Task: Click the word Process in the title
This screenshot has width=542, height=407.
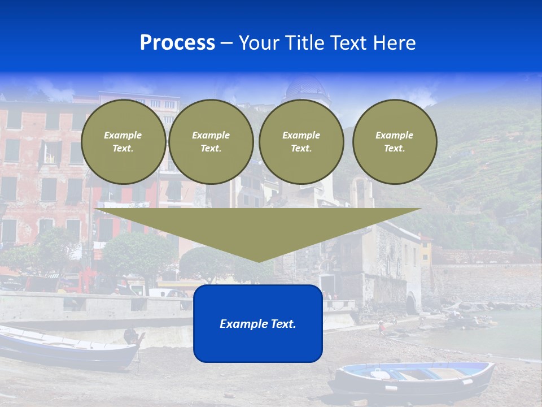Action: (x=177, y=43)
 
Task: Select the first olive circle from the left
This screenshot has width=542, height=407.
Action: (x=124, y=142)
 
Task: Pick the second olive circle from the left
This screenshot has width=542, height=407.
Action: (x=211, y=142)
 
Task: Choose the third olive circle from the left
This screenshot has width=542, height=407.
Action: (x=301, y=142)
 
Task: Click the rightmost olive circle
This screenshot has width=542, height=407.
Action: (x=395, y=142)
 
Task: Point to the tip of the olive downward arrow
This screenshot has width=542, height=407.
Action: (x=259, y=261)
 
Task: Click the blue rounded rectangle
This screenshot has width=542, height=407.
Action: (x=258, y=345)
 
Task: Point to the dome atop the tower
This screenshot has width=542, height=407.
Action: (x=307, y=88)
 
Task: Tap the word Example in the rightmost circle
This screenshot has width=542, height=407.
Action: (x=394, y=135)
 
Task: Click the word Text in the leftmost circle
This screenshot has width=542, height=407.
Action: (x=123, y=149)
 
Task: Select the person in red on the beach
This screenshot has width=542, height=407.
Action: (x=382, y=327)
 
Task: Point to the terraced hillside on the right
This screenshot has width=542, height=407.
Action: (x=480, y=170)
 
